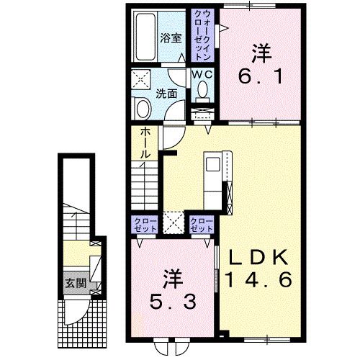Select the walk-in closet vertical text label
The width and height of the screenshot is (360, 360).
tap(202, 36)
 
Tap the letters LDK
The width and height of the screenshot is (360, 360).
tap(259, 258)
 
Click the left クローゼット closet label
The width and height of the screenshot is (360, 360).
tap(142, 223)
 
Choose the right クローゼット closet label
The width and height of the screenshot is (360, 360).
tap(201, 223)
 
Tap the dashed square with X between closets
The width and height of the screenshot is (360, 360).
tap(172, 222)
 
